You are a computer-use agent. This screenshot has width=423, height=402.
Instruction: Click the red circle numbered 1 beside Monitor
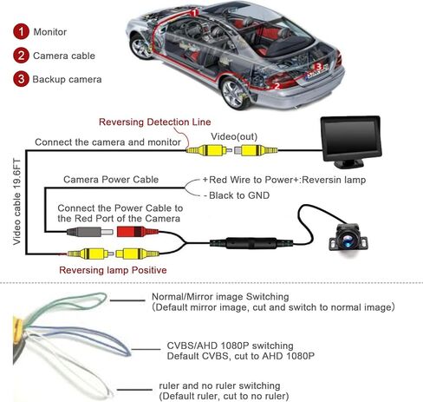pyautogui.click(x=21, y=31)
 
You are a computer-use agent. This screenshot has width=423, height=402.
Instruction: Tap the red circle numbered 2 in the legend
pyautogui.click(x=21, y=56)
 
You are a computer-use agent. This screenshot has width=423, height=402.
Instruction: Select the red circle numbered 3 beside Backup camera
pyautogui.click(x=21, y=79)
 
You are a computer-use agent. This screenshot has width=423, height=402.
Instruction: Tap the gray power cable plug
pyautogui.click(x=89, y=232)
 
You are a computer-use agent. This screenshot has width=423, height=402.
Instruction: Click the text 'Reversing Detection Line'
pyautogui.click(x=155, y=122)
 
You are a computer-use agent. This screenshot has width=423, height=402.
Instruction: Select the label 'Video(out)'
pyautogui.click(x=234, y=136)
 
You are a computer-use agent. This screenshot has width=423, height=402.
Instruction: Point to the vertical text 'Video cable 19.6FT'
pyautogui.click(x=17, y=201)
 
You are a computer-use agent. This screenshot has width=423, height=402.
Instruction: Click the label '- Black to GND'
pyautogui.click(x=237, y=195)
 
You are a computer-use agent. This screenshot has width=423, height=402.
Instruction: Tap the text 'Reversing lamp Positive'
pyautogui.click(x=113, y=270)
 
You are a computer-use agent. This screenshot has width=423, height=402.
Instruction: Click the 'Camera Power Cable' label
pyautogui.click(x=111, y=180)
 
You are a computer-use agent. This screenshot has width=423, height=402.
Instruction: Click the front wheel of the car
pyautogui.click(x=140, y=47)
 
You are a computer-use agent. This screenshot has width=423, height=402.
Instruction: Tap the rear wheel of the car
pyautogui.click(x=235, y=94)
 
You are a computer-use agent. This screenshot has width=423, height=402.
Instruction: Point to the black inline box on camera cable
pyautogui.click(x=251, y=243)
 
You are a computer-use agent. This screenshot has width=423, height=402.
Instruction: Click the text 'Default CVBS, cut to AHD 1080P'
pyautogui.click(x=241, y=356)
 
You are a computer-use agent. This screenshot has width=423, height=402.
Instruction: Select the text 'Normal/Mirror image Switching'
pyautogui.click(x=220, y=297)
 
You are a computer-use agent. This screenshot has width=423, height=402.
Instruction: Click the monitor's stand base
pyautogui.click(x=348, y=164)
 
